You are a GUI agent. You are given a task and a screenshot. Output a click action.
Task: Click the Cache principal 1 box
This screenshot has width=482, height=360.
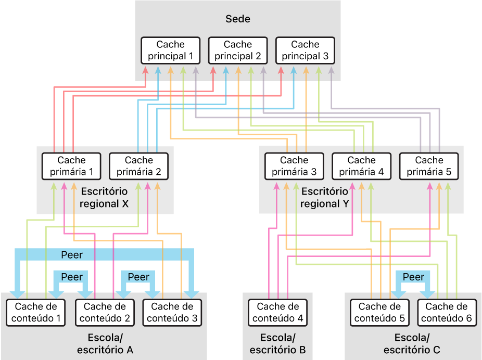click(x=171, y=50)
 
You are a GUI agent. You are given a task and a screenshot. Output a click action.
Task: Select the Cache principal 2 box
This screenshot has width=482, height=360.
click(x=238, y=50)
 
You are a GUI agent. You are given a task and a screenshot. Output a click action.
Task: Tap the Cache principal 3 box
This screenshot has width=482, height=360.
click(x=305, y=50)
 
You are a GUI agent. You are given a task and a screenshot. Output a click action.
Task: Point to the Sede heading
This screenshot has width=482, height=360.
click(x=238, y=19)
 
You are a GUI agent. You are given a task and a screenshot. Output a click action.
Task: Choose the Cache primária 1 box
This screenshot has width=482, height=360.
click(x=71, y=166)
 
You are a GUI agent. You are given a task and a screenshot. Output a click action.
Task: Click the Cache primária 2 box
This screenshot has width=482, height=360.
click(x=139, y=166)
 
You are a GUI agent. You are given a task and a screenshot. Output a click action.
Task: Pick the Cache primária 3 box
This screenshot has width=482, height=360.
click(x=294, y=166)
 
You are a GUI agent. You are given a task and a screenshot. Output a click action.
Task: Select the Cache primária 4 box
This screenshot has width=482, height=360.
click(x=362, y=166)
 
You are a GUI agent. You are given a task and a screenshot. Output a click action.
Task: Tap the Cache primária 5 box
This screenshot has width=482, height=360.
click(x=429, y=166)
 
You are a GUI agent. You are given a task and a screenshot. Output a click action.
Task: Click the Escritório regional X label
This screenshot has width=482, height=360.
click(x=104, y=198)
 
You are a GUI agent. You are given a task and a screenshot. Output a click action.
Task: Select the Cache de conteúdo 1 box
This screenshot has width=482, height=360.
click(x=36, y=313)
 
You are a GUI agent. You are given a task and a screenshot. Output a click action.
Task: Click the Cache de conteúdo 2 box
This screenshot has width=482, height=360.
click(x=105, y=313)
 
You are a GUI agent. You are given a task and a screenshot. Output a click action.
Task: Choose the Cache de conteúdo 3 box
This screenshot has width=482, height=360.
click(x=172, y=313)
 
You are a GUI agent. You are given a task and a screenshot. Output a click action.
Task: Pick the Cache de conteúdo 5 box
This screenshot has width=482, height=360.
click(x=380, y=313)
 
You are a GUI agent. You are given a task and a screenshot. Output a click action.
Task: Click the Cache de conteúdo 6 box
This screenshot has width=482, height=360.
click(x=448, y=313)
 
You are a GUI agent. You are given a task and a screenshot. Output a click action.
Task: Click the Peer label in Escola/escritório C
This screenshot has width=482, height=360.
click(x=414, y=277)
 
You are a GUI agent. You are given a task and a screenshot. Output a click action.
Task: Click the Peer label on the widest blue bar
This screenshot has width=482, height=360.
click(x=72, y=255)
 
